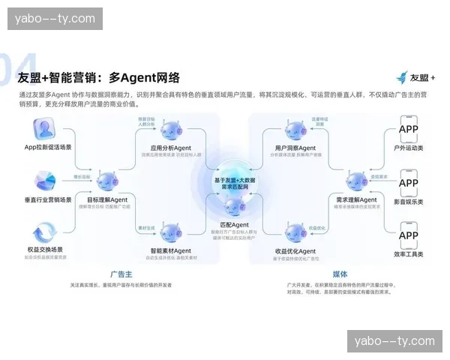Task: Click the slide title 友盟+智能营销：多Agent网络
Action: click(x=98, y=77)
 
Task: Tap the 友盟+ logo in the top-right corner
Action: click(x=415, y=77)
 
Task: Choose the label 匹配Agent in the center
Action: click(x=234, y=225)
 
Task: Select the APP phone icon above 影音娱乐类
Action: click(x=409, y=183)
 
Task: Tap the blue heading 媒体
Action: click(x=339, y=274)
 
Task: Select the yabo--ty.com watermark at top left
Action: click(x=57, y=19)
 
